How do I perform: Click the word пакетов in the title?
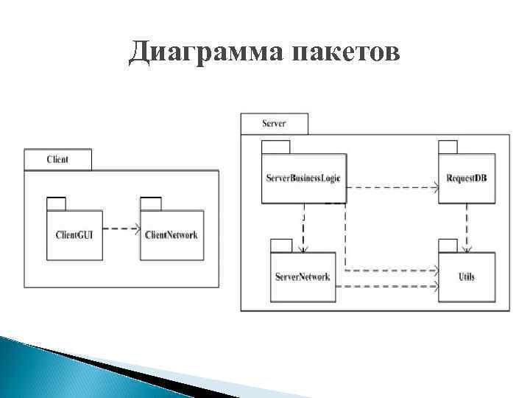point(347,54)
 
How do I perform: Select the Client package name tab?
point(57,159)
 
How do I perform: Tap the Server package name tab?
point(274,124)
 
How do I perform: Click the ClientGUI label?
point(75,235)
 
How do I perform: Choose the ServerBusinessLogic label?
point(303,178)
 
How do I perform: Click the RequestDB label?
point(467,178)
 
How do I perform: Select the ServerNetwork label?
point(303,277)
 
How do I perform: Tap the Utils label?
point(467,277)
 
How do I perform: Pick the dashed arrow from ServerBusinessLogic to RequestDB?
point(390,188)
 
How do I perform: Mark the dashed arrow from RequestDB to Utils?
point(467,225)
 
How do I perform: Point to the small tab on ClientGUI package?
point(56,204)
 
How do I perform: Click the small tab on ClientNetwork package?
point(151,204)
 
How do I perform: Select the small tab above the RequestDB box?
point(449,146)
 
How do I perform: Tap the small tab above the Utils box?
point(449,245)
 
